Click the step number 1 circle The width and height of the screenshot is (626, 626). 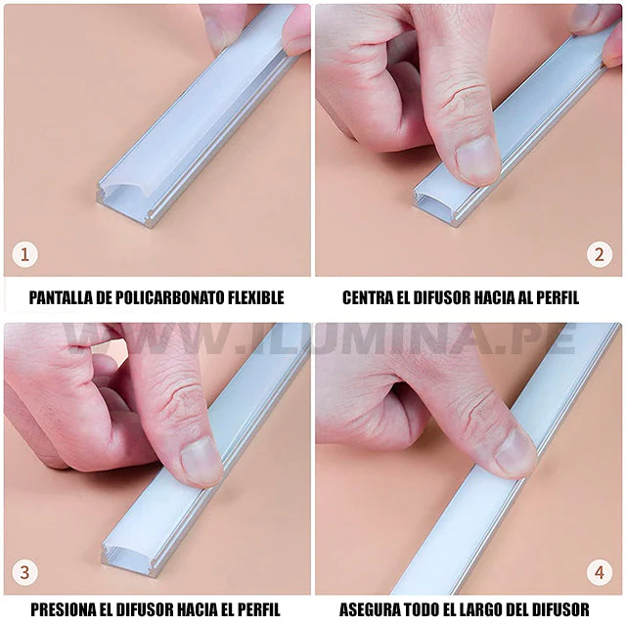tap(25, 255)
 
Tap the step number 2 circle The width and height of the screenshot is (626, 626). tap(599, 255)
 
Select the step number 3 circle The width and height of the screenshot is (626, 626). tap(25, 572)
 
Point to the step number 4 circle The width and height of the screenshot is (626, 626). tap(599, 572)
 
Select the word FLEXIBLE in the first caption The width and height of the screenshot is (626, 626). tap(249, 297)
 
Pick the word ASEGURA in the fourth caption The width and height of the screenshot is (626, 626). tap(369, 609)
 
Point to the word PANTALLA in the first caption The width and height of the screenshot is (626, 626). tap(62, 297)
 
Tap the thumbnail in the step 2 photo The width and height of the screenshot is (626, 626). tap(477, 159)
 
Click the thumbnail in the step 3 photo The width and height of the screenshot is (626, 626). tap(201, 460)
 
